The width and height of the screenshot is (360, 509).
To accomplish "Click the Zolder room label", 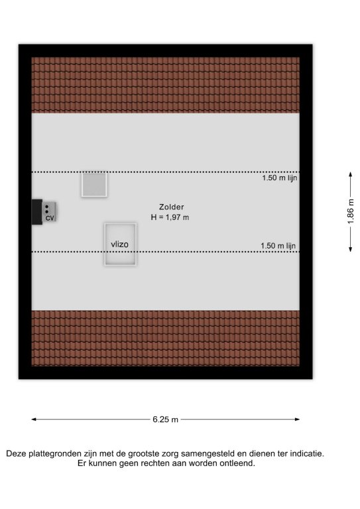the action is pyautogui.click(x=172, y=207).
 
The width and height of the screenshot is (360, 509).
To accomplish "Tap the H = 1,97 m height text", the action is pyautogui.click(x=170, y=217).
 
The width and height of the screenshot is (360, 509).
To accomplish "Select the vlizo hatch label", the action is pyautogui.click(x=119, y=244).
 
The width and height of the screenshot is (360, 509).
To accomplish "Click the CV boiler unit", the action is pyautogui.click(x=49, y=212).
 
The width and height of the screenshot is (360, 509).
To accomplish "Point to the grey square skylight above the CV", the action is pyautogui.click(x=94, y=185).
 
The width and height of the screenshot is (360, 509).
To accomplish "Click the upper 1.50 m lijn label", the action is pyautogui.click(x=280, y=178).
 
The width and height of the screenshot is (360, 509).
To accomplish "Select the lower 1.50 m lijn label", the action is pyautogui.click(x=278, y=246).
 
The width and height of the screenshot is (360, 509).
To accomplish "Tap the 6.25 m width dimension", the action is pyautogui.click(x=165, y=420).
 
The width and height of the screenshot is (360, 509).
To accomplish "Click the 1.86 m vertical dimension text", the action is pyautogui.click(x=351, y=211).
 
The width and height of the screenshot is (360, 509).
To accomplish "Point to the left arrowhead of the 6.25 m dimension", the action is pyautogui.click(x=33, y=420).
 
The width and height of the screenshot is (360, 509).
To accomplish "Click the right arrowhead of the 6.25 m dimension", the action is pyautogui.click(x=298, y=420).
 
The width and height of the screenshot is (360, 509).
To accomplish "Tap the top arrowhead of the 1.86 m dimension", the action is pyautogui.click(x=350, y=174).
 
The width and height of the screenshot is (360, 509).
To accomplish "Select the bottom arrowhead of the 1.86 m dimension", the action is pyautogui.click(x=350, y=249).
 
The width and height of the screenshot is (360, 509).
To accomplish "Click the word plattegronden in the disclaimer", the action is pyautogui.click(x=56, y=454).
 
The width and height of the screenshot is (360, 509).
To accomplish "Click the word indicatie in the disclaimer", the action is pyautogui.click(x=307, y=453).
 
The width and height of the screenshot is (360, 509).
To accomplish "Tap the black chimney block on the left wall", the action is pyautogui.click(x=36, y=212).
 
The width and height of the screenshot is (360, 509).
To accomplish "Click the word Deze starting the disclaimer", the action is pyautogui.click(x=16, y=453).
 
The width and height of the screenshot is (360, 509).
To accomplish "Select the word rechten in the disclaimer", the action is pyautogui.click(x=152, y=463).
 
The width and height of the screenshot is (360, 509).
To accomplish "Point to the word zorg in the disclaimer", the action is pyautogui.click(x=171, y=454).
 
